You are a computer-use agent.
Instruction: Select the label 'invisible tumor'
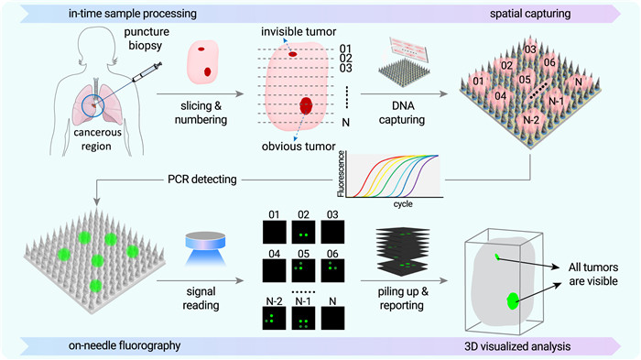299,31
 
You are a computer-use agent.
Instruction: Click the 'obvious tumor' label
299,146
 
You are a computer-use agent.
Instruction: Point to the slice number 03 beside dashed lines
345,68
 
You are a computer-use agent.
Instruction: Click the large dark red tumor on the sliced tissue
306,105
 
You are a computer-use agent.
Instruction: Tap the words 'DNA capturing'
402,113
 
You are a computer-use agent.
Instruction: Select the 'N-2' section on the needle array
531,119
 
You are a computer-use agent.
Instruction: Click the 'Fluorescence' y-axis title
342,173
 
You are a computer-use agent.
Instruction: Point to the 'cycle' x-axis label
403,203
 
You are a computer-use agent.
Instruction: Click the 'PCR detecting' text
202,180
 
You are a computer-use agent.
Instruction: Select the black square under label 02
303,232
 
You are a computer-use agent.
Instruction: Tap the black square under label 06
332,270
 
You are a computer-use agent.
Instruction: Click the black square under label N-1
303,318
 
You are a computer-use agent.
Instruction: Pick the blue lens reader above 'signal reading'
205,248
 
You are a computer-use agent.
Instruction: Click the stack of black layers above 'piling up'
402,250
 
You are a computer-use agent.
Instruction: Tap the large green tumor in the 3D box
512,301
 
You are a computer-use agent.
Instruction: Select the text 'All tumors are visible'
593,274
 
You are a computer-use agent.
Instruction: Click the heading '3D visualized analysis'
517,346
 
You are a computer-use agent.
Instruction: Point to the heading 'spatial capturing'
530,14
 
